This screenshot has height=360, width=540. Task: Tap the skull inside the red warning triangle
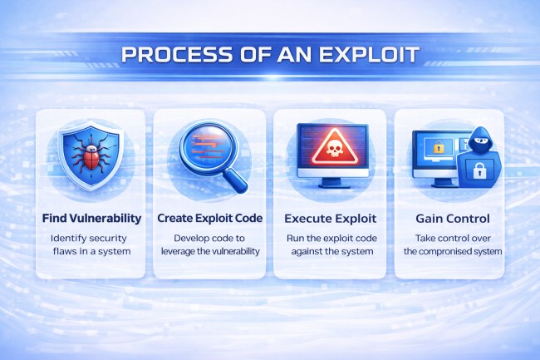[331, 150]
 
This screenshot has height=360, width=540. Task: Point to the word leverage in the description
[184, 251]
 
